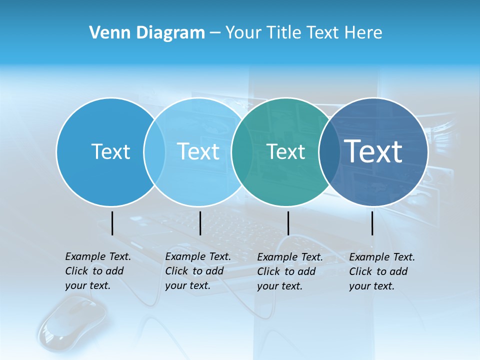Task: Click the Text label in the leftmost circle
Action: tap(110, 151)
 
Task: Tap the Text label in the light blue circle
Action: tap(198, 151)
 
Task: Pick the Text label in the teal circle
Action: tap(285, 151)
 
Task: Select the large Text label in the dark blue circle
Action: tap(373, 151)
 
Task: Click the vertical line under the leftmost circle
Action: tap(112, 223)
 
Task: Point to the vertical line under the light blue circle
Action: tap(200, 223)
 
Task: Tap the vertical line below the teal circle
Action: tap(288, 223)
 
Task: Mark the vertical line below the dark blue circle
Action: tap(372, 223)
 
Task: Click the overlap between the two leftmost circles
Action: tap(154, 151)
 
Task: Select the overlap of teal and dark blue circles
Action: tap(329, 151)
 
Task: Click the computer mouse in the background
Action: tap(72, 320)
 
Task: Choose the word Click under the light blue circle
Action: tap(176, 271)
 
